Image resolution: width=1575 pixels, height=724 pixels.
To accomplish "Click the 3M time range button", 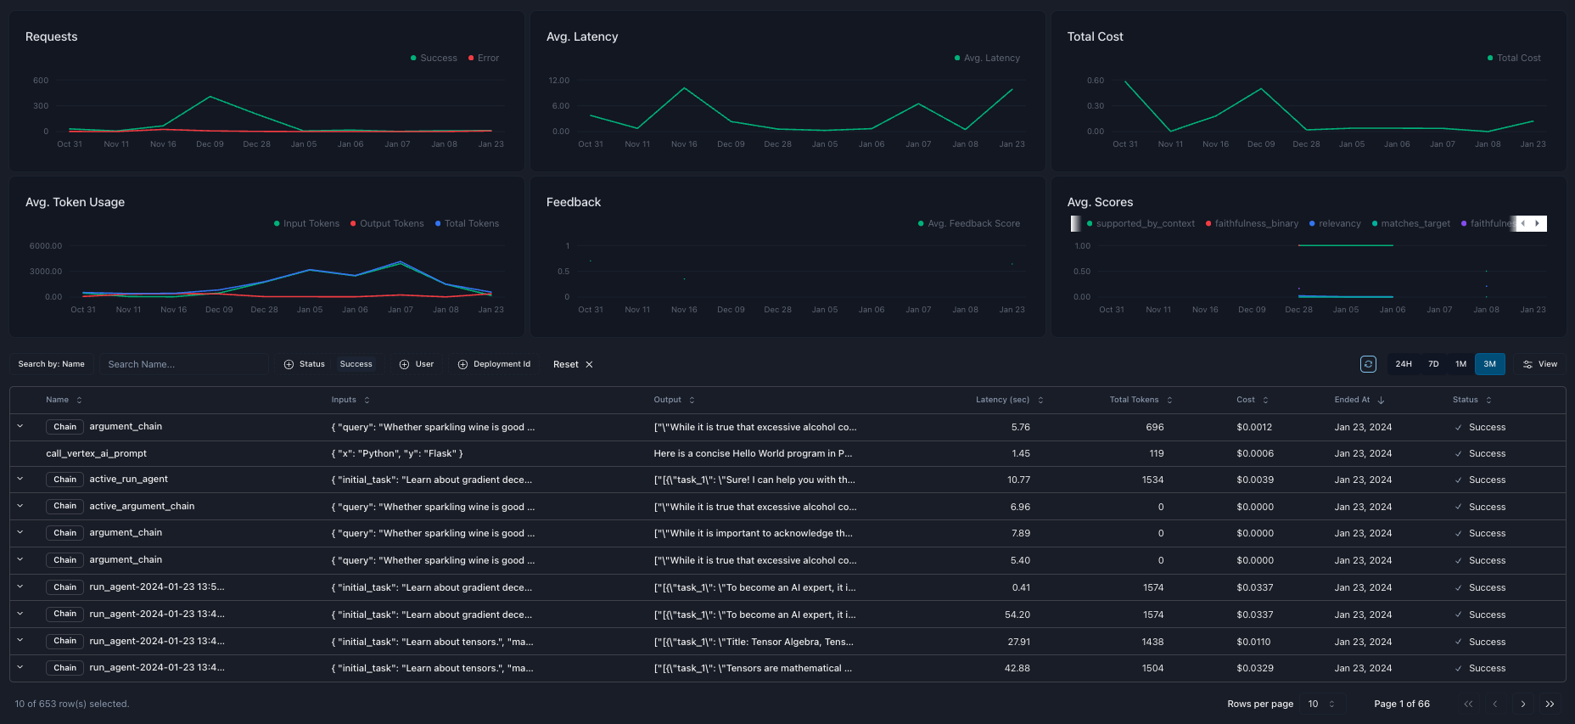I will coord(1489,364).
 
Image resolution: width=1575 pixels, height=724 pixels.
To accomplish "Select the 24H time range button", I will coord(1404,364).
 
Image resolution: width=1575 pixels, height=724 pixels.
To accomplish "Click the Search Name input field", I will coord(183,364).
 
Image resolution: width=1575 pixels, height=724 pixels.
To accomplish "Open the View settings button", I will coord(1539,364).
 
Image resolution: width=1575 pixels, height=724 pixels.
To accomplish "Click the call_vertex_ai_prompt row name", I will coord(96,453).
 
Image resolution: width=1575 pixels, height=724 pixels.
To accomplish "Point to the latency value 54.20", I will coord(1017,615).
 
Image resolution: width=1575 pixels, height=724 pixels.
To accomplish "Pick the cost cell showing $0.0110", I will coord(1253,642).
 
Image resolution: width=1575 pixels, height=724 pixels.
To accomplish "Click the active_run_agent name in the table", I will coord(128,480).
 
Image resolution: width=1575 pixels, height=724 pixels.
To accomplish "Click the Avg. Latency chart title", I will coord(582,36).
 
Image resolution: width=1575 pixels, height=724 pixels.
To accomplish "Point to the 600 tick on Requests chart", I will coord(41,81).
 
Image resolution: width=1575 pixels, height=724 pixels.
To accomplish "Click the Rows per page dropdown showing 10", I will coord(1322,704).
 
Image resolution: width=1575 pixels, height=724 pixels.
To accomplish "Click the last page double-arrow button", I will coord(1550,704).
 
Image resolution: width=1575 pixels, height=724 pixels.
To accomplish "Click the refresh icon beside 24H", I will coord(1368,364).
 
